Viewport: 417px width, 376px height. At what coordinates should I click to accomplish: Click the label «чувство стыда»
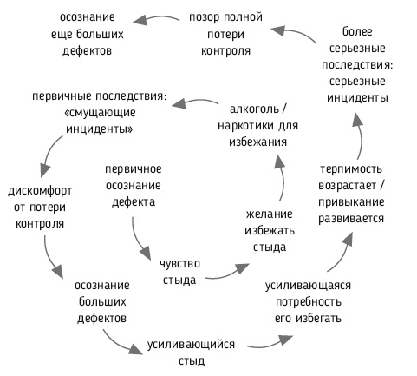[179, 272]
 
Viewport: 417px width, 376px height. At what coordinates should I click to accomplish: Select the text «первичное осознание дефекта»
[134, 185]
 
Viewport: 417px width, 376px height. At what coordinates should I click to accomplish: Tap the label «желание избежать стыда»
[270, 230]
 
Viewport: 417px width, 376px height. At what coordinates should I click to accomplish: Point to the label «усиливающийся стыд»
[191, 353]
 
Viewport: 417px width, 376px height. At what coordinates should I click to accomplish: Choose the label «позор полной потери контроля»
[225, 34]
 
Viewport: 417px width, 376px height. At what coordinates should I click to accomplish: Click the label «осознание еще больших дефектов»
[88, 34]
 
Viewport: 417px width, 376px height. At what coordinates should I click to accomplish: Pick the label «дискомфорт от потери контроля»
[40, 207]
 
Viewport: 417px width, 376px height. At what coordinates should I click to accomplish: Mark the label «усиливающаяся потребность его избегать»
[308, 301]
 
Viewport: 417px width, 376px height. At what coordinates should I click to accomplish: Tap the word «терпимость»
[351, 168]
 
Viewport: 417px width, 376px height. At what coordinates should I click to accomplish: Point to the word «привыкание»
[351, 201]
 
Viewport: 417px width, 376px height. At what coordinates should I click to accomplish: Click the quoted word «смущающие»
[100, 112]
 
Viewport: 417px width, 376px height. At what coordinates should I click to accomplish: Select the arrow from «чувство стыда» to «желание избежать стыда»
[227, 274]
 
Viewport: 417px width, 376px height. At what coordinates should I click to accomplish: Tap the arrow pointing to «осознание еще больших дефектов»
[155, 19]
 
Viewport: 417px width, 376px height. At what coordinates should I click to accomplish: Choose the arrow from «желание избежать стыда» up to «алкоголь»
[282, 177]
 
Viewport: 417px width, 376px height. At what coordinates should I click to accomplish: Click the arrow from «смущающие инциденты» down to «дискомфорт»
[49, 154]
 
